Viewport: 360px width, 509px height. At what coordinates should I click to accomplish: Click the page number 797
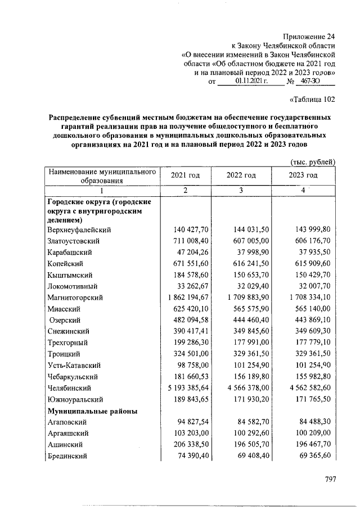(x=330, y=479)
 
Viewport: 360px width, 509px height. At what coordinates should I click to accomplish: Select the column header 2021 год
(x=186, y=175)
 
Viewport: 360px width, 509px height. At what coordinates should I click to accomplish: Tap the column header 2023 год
(x=303, y=175)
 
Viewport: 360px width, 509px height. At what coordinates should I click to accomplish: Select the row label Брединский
(x=67, y=456)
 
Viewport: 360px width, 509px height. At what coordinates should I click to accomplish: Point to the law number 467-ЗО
(x=315, y=82)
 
